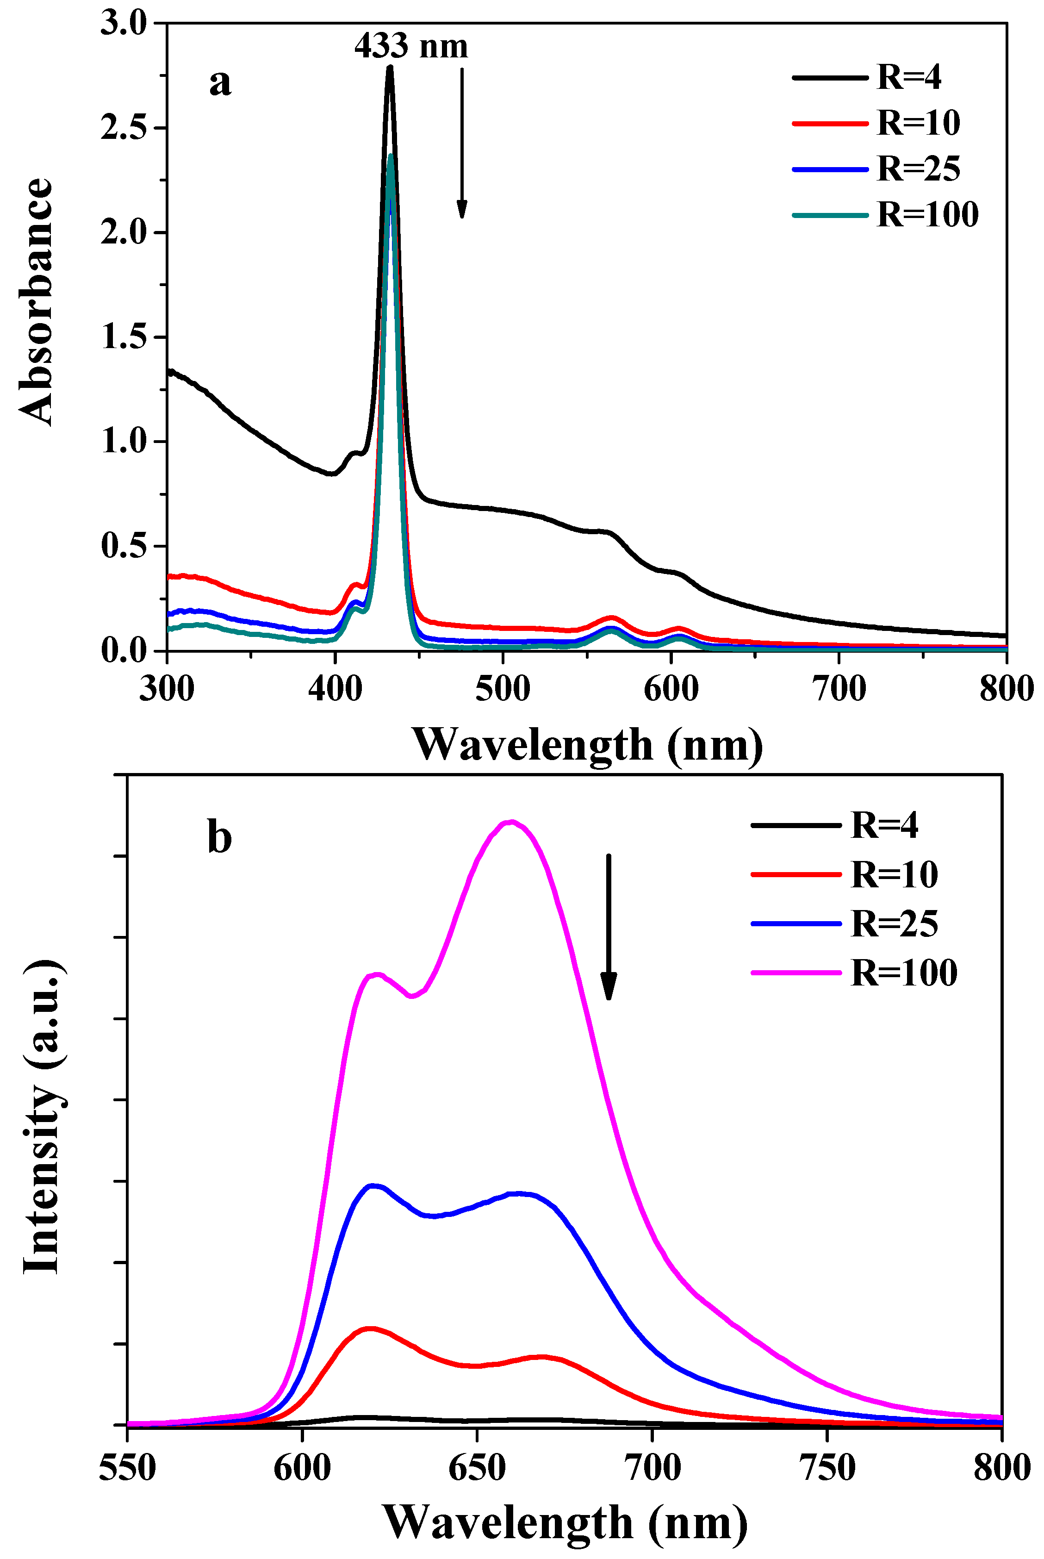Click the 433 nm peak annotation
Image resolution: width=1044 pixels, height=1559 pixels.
[411, 46]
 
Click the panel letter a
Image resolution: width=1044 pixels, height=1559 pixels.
[220, 82]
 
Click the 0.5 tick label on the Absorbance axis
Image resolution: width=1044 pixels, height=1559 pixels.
[124, 546]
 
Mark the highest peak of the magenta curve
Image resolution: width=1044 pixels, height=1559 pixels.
[511, 821]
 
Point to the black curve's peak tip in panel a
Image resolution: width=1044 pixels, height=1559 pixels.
[390, 67]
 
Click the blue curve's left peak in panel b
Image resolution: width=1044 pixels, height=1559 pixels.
[373, 1185]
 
